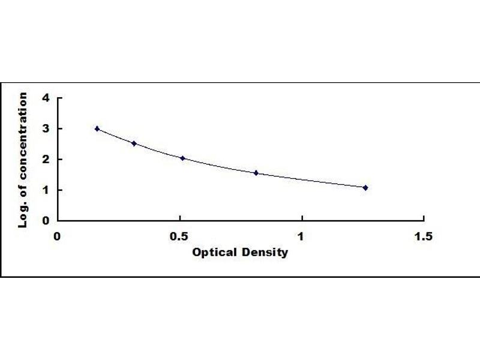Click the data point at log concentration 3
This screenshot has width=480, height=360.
[x=97, y=128]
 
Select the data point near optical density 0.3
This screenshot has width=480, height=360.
[x=134, y=143]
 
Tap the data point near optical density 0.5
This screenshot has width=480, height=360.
[x=182, y=158]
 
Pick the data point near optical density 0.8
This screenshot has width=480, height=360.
[x=256, y=173]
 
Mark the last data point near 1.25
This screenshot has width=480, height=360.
[x=365, y=187]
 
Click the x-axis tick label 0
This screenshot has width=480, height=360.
[x=58, y=236]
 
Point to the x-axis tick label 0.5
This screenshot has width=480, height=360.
[x=179, y=236]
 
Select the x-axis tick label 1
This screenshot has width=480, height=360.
[x=302, y=236]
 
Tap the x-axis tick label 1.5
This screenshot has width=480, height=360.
[x=424, y=236]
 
